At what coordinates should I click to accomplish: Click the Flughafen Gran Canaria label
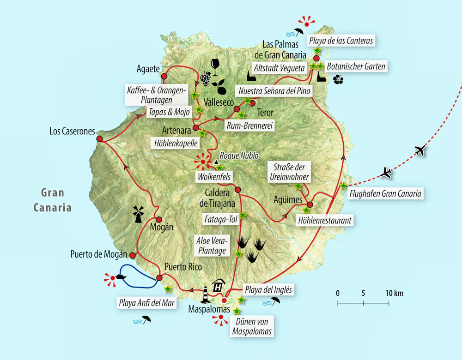pos(385,194)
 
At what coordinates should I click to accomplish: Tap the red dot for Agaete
pos(164,76)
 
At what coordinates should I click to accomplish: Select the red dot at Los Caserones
pos(99,138)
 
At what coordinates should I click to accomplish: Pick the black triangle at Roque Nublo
pos(216,162)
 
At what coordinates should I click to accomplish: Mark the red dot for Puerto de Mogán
pos(133,255)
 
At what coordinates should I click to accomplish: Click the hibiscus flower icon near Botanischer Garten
pos(338,80)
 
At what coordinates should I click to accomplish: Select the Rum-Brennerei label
pos(249,125)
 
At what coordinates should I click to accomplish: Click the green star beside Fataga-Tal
pos(243,215)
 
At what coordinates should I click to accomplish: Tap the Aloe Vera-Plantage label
pos(213,246)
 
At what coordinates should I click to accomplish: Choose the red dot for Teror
pos(237,109)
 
